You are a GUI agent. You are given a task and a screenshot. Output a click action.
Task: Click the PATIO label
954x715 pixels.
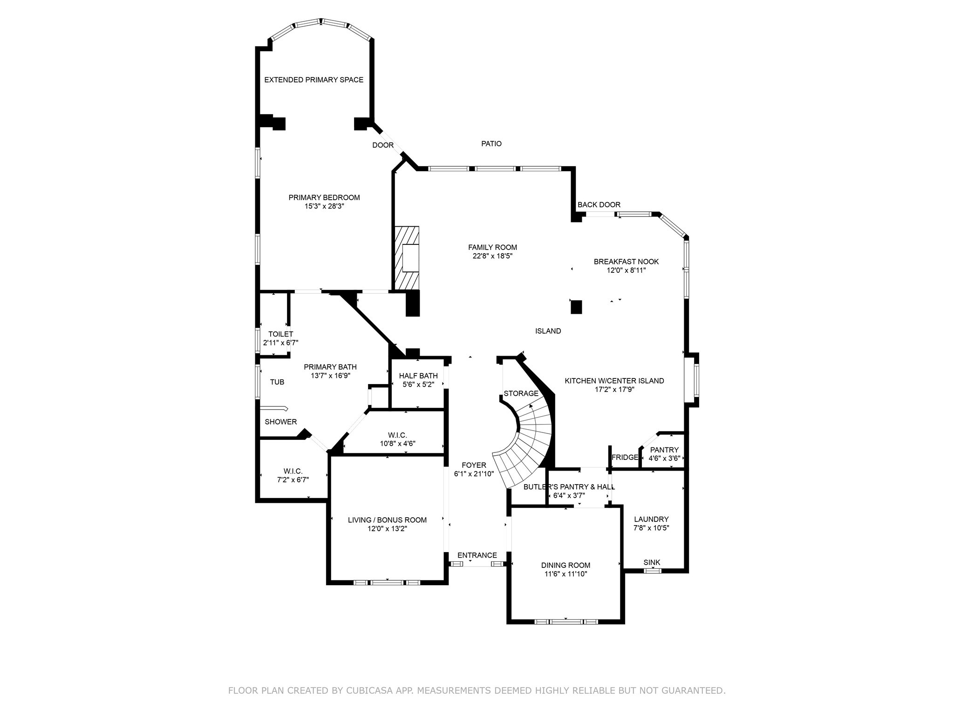(x=491, y=144)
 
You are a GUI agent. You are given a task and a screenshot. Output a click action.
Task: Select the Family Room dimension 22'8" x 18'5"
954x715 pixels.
(x=492, y=256)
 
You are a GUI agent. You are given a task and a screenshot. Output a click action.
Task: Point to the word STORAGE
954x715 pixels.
(x=521, y=394)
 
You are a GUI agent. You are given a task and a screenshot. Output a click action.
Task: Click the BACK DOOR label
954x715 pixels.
(x=599, y=205)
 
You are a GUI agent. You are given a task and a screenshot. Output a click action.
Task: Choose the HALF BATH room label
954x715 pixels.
(x=418, y=376)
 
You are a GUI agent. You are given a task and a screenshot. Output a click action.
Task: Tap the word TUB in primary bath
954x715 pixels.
(x=277, y=382)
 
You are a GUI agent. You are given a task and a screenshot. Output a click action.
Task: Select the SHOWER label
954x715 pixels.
(x=280, y=422)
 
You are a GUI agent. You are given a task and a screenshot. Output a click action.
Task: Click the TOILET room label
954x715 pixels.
(x=280, y=334)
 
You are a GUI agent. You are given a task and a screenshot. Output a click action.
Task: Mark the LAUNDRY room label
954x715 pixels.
(x=651, y=519)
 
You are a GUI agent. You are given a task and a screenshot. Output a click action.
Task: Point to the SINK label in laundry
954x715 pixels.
(x=652, y=563)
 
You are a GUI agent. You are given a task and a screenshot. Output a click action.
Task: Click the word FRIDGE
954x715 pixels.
(x=625, y=458)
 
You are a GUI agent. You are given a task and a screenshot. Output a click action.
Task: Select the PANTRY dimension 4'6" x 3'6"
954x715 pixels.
(x=664, y=459)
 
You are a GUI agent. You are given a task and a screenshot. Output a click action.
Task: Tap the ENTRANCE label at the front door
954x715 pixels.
(x=477, y=555)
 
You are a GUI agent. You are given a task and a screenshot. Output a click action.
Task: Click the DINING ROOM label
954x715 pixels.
(x=566, y=566)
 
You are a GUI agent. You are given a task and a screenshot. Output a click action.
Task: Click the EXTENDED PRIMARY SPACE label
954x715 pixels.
(x=313, y=80)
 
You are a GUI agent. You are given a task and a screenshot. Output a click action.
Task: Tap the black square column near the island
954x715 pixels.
(x=576, y=307)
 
